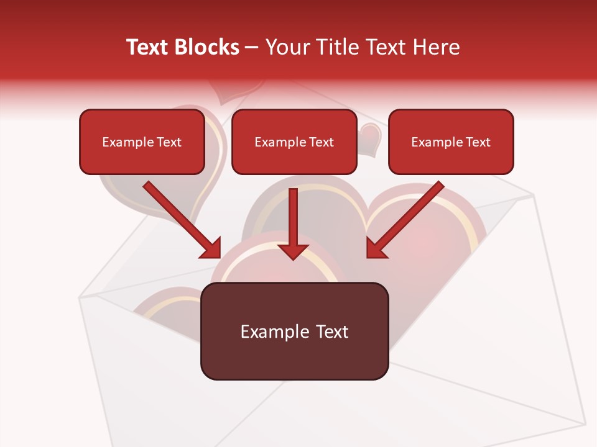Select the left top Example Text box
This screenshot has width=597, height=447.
click(142, 142)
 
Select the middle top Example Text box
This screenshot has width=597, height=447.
click(294, 142)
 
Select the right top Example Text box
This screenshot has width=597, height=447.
click(451, 142)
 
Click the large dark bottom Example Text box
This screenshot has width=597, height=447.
click(294, 332)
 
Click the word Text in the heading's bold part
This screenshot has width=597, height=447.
click(147, 47)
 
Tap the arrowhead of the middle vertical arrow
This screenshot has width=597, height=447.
click(293, 251)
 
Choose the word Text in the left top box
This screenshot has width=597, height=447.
click(169, 142)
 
